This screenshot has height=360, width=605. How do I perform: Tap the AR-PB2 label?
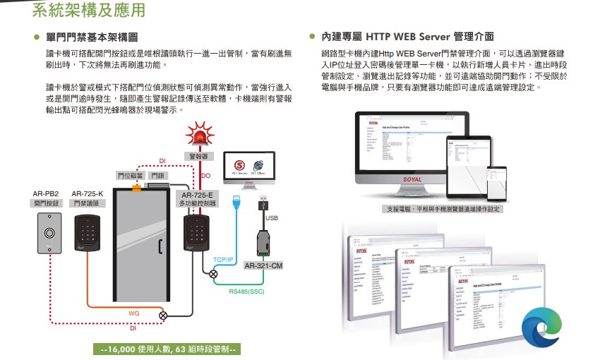(45, 193)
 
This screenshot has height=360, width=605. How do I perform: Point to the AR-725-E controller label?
(197, 194)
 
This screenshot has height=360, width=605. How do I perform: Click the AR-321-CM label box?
(263, 266)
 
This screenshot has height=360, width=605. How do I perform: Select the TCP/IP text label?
(223, 260)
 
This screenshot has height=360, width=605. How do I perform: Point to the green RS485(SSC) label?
(246, 290)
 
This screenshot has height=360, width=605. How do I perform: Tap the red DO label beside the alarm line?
(206, 175)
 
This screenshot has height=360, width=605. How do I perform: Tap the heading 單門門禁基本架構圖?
(91, 36)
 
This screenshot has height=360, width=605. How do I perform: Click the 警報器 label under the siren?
(198, 156)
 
